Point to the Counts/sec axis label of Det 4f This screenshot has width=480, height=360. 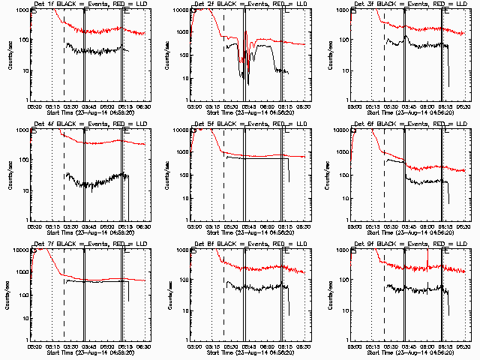[x=10, y=175]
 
